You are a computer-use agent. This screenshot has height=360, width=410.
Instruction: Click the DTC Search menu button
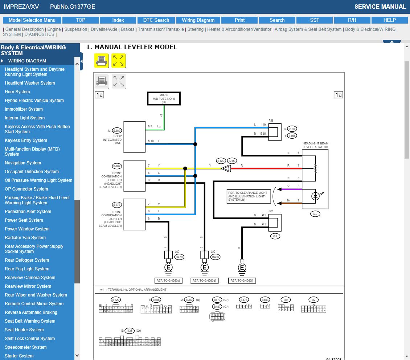[x=156, y=20]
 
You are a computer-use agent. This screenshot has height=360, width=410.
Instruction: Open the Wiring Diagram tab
[x=198, y=20]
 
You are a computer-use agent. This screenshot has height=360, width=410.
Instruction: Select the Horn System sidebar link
[x=17, y=92]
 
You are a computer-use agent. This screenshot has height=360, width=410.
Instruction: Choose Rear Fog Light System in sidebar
[x=27, y=269]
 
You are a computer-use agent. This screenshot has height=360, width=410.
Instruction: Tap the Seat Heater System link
[x=24, y=330]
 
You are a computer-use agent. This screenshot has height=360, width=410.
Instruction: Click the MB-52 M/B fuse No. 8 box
[x=163, y=98]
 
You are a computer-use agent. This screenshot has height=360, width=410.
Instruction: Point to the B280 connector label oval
[x=117, y=131]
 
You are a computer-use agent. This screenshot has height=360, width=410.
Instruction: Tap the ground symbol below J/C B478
[x=168, y=268]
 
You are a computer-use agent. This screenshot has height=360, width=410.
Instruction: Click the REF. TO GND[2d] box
[x=204, y=281]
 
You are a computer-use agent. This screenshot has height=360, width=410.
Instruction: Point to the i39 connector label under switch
[x=315, y=214]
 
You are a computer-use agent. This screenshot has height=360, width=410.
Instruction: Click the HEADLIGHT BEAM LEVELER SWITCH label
[x=315, y=145]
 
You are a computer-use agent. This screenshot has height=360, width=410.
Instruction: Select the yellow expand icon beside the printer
[x=118, y=61]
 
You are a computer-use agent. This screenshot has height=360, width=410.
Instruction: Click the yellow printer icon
[x=101, y=61]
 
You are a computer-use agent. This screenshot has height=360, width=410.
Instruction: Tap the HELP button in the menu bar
[x=389, y=20]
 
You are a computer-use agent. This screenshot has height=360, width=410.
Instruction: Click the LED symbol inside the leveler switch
[x=316, y=196]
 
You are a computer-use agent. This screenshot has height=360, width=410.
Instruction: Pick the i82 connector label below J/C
[x=275, y=236]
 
